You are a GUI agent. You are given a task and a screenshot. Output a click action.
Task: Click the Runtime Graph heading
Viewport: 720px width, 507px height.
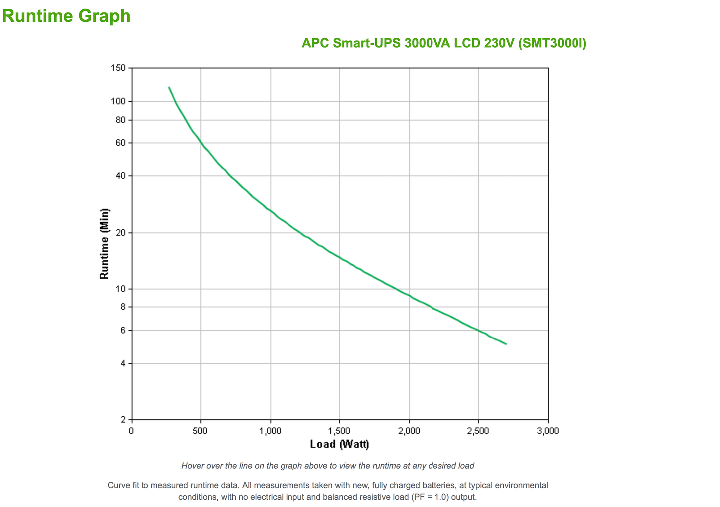point(66,16)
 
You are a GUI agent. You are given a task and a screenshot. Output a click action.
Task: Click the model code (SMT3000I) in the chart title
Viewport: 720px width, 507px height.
point(552,43)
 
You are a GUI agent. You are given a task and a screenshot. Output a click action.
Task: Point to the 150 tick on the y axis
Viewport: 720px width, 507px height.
point(118,68)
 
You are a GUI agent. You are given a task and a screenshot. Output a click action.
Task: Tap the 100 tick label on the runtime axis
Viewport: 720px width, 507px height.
point(118,101)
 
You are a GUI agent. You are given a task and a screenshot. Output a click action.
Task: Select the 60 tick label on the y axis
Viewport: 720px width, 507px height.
point(120,143)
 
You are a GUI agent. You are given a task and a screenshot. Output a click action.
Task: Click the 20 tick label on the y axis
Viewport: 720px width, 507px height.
point(120,233)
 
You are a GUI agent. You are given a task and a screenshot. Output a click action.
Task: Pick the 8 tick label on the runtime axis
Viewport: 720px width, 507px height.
point(123,307)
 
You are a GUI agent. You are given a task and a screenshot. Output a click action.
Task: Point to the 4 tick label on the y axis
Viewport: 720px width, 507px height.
point(123,363)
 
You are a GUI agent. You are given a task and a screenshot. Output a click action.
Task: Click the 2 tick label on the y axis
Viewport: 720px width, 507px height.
point(123,420)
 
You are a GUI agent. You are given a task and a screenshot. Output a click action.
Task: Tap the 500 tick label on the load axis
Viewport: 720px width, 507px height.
point(200,431)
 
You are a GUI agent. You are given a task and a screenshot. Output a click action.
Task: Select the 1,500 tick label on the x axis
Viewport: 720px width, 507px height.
point(339,431)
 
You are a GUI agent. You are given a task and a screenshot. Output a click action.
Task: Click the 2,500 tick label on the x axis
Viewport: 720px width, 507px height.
point(478,431)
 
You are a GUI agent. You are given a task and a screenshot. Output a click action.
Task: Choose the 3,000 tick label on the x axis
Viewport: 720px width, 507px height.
point(548,431)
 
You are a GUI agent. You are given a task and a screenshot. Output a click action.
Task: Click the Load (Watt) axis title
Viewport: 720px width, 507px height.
point(339,444)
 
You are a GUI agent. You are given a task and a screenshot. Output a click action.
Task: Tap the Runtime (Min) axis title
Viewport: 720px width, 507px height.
point(104,243)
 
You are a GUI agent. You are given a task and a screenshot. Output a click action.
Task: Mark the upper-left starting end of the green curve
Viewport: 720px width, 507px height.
point(169,88)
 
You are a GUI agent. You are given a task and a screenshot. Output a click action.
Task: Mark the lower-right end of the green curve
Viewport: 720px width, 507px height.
point(506,344)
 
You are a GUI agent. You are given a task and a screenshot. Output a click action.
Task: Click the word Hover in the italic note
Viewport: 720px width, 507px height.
point(193,466)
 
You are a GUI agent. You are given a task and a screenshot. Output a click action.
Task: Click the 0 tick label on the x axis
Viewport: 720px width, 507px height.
point(131,431)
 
